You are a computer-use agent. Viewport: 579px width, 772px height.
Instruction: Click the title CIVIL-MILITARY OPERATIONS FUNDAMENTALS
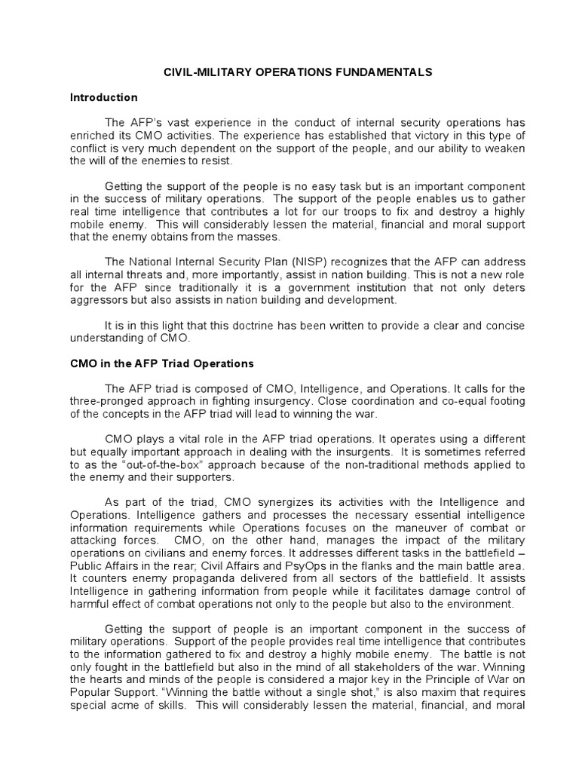click(x=299, y=72)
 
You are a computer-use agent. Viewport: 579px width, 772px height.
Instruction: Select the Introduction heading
click(x=103, y=97)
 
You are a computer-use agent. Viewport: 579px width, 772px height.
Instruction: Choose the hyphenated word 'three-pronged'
click(x=104, y=400)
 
